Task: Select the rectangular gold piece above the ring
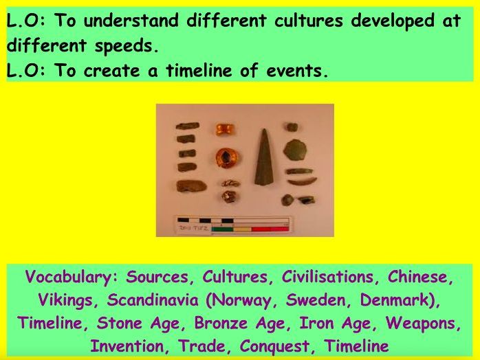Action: click(x=223, y=129)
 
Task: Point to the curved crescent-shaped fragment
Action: click(x=302, y=181)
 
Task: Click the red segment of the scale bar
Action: click(x=263, y=229)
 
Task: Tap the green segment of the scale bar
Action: click(x=221, y=229)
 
